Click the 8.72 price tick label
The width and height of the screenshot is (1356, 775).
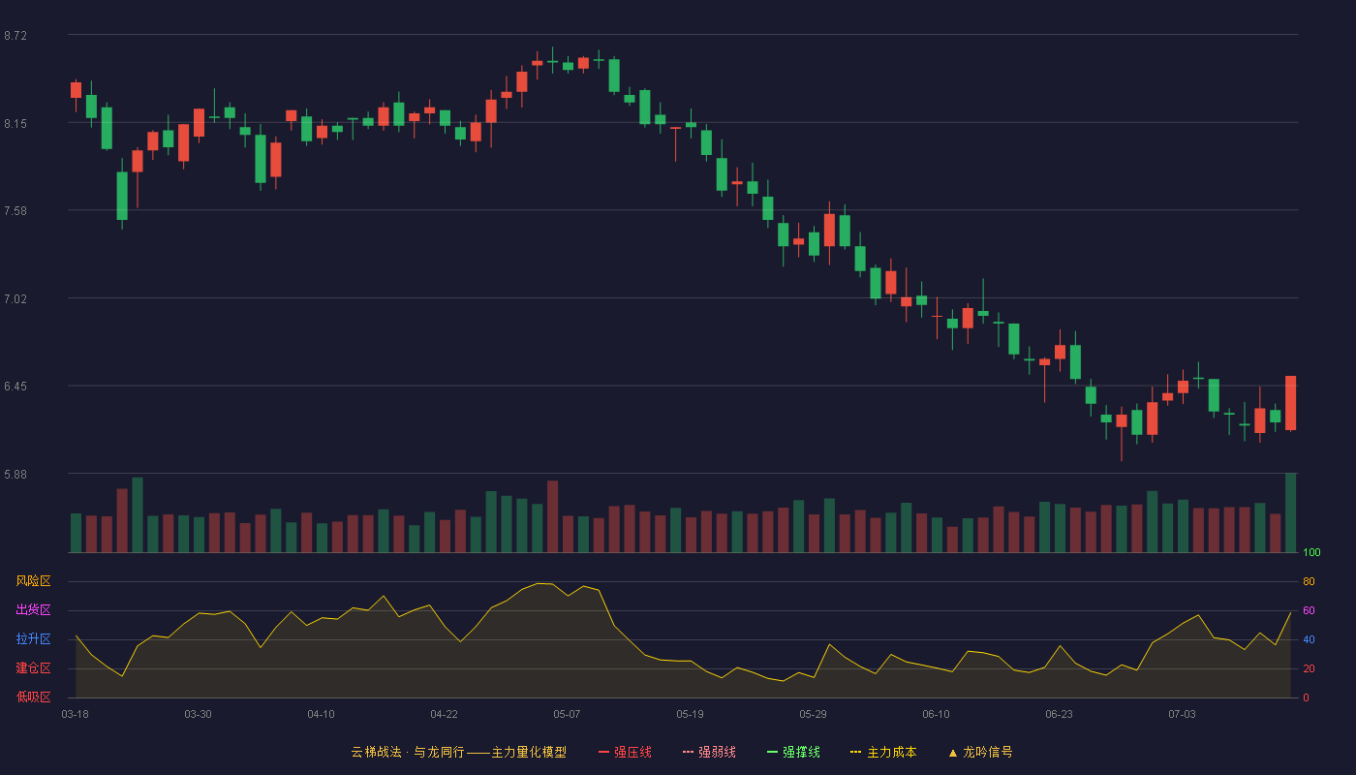click(15, 36)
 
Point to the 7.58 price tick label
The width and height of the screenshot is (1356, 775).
click(15, 211)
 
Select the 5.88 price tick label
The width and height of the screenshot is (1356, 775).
click(15, 475)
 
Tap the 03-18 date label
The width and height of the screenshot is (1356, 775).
click(76, 715)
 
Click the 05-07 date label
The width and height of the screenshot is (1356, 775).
click(567, 715)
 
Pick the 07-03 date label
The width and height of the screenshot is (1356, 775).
click(1182, 715)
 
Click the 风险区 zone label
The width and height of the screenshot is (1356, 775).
click(33, 581)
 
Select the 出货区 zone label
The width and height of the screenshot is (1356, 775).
click(33, 610)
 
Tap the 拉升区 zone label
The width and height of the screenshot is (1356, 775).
click(33, 639)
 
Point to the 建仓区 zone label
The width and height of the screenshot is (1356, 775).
click(33, 668)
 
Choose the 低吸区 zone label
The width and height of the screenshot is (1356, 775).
click(33, 697)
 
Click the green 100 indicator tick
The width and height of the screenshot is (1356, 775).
click(1311, 553)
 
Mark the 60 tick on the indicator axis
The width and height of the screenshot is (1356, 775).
click(1309, 611)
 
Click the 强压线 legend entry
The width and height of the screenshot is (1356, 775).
click(625, 753)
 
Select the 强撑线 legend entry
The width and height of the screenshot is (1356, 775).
click(793, 753)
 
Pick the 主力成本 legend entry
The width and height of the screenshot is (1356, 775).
click(883, 753)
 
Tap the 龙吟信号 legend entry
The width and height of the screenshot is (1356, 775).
click(980, 753)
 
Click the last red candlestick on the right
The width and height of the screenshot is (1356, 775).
click(1290, 403)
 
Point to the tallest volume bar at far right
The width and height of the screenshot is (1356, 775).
click(1290, 512)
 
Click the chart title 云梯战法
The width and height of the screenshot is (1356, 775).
click(377, 753)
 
